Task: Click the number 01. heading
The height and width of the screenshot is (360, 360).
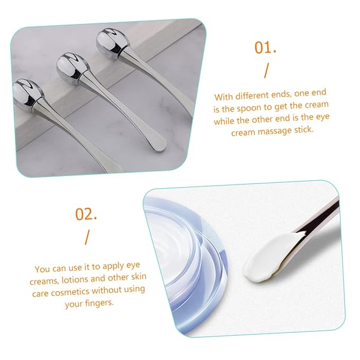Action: pyautogui.click(x=265, y=48)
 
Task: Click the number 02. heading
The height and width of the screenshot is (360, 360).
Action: pyautogui.click(x=86, y=214)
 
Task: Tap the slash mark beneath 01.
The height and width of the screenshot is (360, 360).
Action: pyautogui.click(x=266, y=71)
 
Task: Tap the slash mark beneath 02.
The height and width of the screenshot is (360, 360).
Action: pyautogui.click(x=87, y=238)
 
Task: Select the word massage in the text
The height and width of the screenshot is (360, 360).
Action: pyautogui.click(x=275, y=131)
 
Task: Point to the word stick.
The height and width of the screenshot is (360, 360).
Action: pyautogui.click(x=304, y=129)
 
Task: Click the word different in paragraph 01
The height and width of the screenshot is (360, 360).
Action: pyautogui.click(x=252, y=95)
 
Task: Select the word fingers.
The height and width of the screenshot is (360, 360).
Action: pyautogui.click(x=99, y=303)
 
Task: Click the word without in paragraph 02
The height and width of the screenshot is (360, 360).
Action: pyautogui.click(x=107, y=291)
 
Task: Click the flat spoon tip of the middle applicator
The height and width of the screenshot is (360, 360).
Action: pyautogui.click(x=159, y=144)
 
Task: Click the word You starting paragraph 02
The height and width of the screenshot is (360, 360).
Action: pyautogui.click(x=42, y=269)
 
